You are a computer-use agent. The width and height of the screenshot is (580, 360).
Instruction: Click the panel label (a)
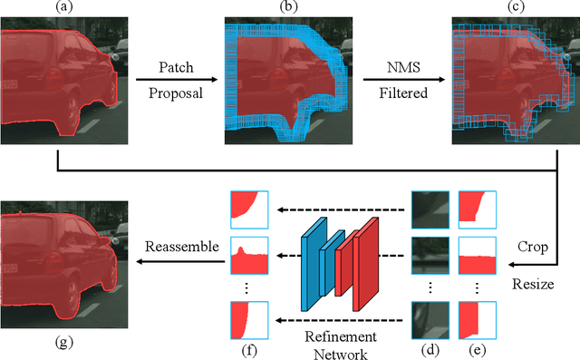point(61,7)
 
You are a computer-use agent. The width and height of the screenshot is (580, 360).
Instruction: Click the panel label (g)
point(62,343)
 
